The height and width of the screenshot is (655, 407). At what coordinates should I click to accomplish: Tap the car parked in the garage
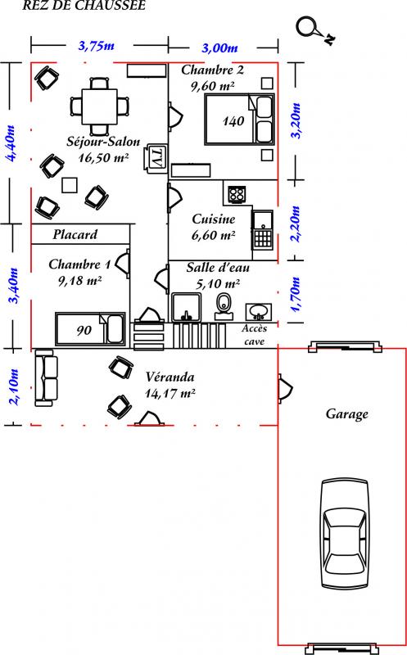pos(345,535)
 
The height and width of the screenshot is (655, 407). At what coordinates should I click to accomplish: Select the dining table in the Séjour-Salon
pos(99,106)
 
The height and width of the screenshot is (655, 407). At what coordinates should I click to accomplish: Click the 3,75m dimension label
pos(97,46)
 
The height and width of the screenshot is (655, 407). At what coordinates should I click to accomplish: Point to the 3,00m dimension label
pos(219,48)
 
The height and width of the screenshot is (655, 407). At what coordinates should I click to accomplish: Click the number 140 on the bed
pos(233,121)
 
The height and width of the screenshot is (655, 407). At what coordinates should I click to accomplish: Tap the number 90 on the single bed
pos(84,331)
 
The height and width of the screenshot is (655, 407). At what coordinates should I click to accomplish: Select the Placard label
pos(75,234)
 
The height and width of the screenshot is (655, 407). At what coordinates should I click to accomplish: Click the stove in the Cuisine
pos(237,194)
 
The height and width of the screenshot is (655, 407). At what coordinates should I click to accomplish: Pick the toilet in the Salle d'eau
pos(224,307)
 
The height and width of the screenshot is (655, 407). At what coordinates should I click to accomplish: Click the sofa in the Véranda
pos(45,378)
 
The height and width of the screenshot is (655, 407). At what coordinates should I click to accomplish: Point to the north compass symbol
pos(315,30)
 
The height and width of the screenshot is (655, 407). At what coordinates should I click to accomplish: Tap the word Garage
pos(347,414)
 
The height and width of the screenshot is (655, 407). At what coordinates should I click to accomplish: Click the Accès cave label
pos(255,335)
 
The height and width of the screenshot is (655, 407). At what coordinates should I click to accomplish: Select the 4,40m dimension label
pos(9,142)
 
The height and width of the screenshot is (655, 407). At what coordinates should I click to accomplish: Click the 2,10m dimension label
pos(14,386)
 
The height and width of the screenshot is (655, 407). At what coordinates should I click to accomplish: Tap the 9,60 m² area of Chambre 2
pos(213,86)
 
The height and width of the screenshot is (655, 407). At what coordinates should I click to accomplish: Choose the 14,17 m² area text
pos(170,394)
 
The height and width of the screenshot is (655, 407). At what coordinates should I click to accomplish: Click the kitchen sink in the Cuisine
pos(262,229)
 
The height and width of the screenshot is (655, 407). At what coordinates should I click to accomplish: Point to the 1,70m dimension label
pos(296,294)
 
